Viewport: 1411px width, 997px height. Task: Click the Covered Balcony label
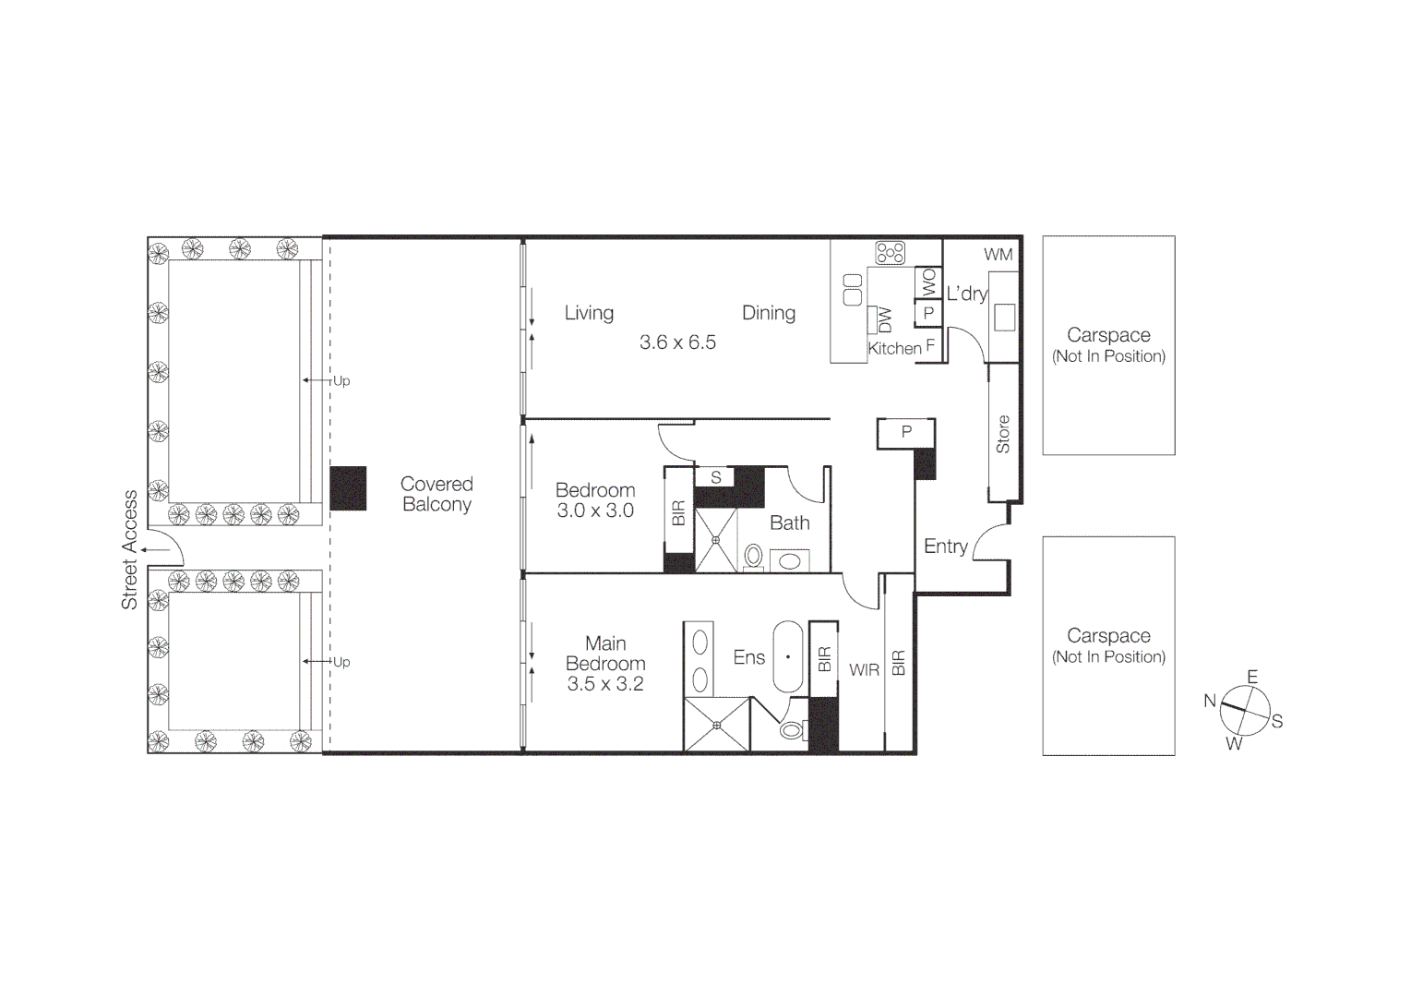[x=436, y=494]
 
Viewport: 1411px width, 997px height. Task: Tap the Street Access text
[x=129, y=549]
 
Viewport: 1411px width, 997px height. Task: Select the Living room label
[x=589, y=313]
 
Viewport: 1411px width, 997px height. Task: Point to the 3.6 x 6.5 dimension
[x=677, y=342]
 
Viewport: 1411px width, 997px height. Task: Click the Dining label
[x=768, y=313]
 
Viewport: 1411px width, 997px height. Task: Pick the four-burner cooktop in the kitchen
[x=891, y=252]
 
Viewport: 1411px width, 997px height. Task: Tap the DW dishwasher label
[x=885, y=319]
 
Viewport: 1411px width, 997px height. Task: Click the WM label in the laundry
[x=998, y=255]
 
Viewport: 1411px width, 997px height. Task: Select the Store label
[x=1003, y=434]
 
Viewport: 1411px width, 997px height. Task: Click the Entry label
[x=945, y=547]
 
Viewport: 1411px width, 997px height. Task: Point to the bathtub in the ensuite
[x=788, y=656]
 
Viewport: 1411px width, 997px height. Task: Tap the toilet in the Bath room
[x=754, y=556]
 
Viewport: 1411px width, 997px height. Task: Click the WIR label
[x=864, y=670]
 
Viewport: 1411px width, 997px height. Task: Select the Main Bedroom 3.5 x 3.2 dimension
[x=605, y=684]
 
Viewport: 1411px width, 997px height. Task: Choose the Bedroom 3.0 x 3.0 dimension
[x=595, y=511]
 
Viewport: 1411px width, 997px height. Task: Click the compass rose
[x=1245, y=711]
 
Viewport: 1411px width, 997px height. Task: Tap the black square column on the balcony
[x=348, y=488]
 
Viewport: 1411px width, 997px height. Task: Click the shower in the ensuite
[x=717, y=725]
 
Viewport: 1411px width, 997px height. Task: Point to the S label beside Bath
[x=715, y=477]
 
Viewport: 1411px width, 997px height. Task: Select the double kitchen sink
[x=853, y=290]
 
